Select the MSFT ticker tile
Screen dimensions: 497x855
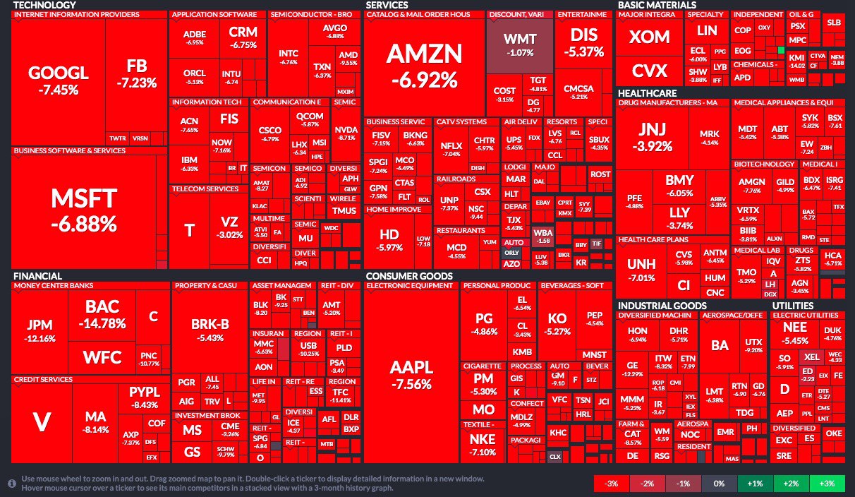83,210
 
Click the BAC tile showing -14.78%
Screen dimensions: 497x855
102,314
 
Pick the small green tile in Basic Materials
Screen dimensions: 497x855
781,51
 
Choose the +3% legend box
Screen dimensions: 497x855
827,484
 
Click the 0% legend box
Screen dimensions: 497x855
719,484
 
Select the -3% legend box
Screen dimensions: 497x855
612,484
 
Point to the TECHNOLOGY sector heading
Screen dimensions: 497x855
45,5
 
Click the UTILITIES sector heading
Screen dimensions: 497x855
799,305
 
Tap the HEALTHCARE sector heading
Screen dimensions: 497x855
647,93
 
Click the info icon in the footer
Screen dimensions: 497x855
12,484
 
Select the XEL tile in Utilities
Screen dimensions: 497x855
811,357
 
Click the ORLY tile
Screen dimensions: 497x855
511,253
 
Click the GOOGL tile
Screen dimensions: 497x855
59,79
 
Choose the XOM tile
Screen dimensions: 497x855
650,37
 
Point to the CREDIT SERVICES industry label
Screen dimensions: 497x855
43,380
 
